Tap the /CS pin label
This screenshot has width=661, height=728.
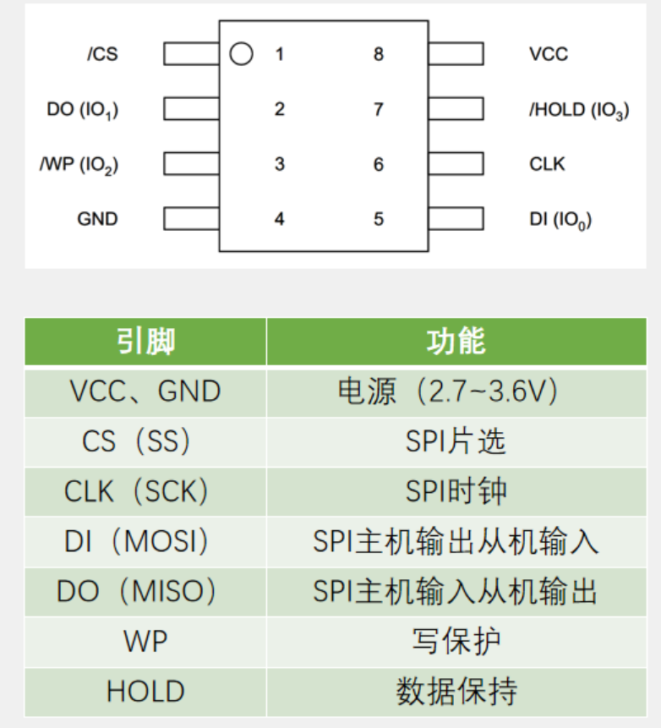(102, 54)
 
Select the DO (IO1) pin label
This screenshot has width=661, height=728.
(83, 110)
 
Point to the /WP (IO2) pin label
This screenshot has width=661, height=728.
(79, 165)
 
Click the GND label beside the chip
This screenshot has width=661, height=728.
(97, 219)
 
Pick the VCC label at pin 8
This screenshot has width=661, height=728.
(549, 54)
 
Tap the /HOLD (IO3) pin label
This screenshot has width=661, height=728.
(579, 110)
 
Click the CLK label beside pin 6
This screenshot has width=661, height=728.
(547, 164)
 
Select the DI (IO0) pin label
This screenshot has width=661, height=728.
(560, 220)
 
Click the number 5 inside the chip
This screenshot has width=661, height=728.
(379, 219)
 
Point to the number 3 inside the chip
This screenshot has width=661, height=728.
(280, 164)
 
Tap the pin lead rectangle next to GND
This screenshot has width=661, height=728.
(191, 219)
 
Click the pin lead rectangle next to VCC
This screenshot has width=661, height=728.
(456, 54)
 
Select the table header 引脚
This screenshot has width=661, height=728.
(145, 342)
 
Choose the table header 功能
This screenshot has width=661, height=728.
(456, 342)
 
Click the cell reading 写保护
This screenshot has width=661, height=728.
(456, 641)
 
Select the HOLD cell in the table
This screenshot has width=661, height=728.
(145, 692)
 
